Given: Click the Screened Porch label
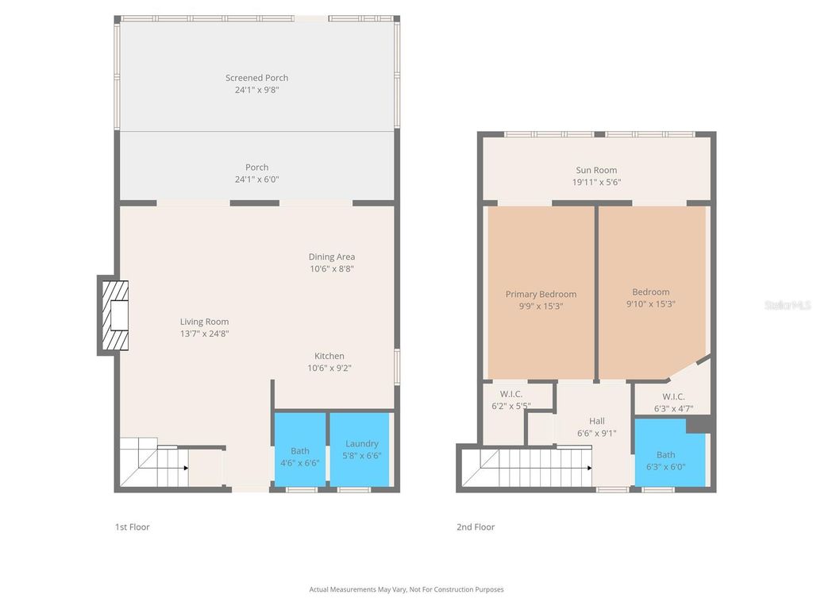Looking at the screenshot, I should tap(256, 78).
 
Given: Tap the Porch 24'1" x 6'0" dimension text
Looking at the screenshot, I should tap(256, 180).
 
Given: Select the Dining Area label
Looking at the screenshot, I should tap(332, 257).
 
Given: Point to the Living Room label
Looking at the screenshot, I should tap(204, 322).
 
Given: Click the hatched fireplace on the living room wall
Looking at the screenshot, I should tap(114, 315).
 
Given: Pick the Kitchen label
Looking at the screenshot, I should tap(329, 356).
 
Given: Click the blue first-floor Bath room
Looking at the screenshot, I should tap(300, 449).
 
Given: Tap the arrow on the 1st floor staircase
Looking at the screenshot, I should tap(185, 468).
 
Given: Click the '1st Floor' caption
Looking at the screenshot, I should tap(133, 527).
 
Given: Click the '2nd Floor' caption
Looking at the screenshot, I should tap(476, 527).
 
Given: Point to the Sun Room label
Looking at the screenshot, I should tap(596, 170).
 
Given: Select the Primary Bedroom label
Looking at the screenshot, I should tap(541, 294).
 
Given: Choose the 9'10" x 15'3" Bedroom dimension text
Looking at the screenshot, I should tap(650, 303).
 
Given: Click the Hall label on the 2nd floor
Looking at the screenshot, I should tap(596, 421).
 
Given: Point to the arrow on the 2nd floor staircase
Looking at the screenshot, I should tap(588, 468).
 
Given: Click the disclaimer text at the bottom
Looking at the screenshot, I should tap(406, 589).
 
